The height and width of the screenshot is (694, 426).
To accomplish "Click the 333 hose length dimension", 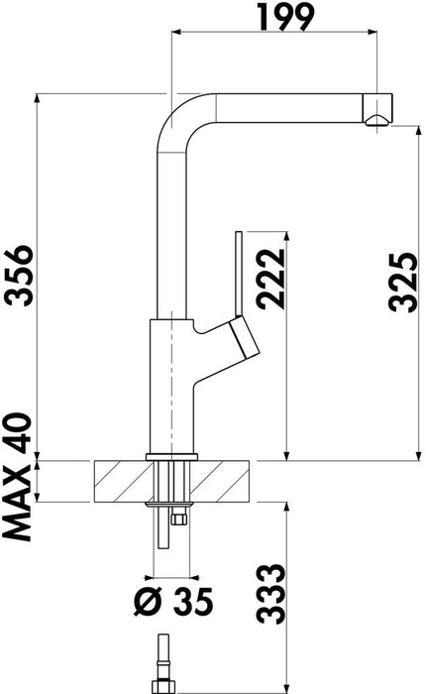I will [269, 592].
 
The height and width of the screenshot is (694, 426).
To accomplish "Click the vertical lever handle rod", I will [238, 268].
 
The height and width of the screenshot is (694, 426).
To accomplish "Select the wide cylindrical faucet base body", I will [170, 387].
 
